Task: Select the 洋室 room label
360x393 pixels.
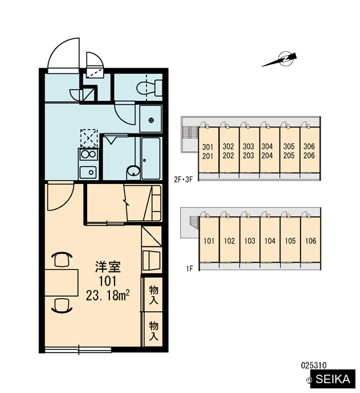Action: (108, 267)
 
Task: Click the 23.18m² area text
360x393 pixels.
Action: (108, 295)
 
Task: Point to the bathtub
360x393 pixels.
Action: (151, 158)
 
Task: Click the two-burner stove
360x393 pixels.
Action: (88, 154)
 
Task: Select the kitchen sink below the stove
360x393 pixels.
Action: (88, 172)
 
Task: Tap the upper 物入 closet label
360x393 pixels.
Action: (154, 295)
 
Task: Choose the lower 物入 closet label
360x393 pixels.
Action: (154, 331)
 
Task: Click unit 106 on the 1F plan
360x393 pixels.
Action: (311, 241)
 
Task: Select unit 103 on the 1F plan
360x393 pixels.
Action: (250, 241)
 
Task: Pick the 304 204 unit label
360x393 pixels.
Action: (267, 151)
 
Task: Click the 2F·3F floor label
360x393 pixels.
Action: (183, 179)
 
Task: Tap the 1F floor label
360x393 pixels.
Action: (190, 269)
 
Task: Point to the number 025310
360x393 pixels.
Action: (314, 365)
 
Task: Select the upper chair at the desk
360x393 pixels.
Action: (62, 259)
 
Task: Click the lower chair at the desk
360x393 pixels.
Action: (62, 307)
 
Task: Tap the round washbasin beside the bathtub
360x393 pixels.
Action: (134, 172)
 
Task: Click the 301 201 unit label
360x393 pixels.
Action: (207, 151)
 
